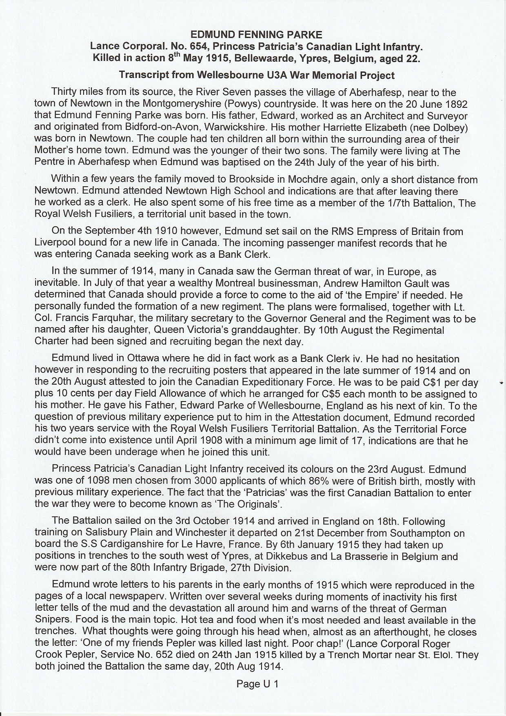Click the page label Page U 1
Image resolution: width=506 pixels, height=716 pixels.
[257, 684]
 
